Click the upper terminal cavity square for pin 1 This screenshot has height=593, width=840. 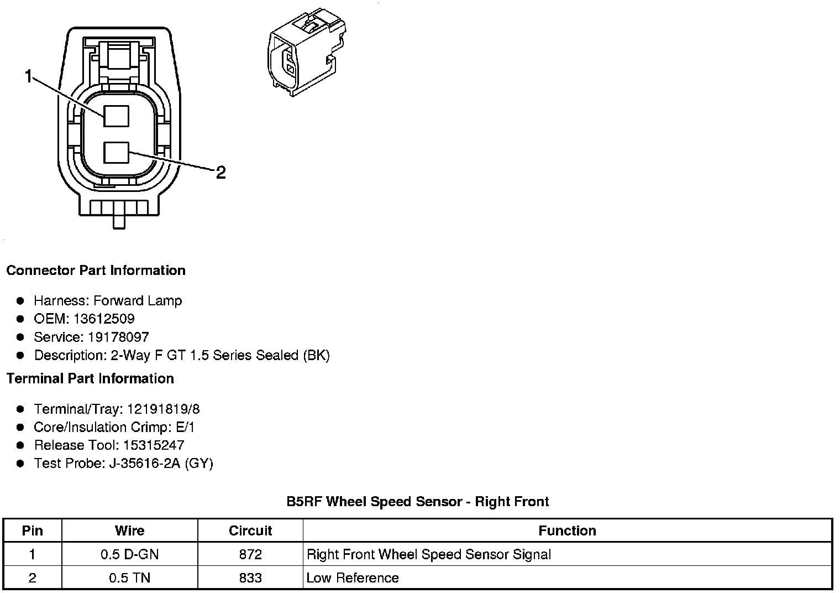[116, 116]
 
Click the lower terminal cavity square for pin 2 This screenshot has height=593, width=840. [116, 153]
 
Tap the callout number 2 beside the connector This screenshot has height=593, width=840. [221, 173]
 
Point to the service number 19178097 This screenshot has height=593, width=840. [118, 337]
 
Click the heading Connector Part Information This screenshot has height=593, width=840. [96, 271]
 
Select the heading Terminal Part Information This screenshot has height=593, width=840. [90, 378]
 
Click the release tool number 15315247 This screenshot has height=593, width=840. [154, 445]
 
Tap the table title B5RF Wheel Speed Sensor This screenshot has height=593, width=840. [417, 502]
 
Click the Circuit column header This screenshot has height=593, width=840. [250, 530]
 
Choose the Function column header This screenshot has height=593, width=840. [567, 530]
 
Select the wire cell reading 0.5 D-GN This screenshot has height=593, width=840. [130, 554]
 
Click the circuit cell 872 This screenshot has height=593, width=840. [250, 554]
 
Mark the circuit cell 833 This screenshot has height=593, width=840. [250, 578]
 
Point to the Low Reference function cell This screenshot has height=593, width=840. [353, 578]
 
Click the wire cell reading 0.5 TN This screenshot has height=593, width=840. [130, 578]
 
